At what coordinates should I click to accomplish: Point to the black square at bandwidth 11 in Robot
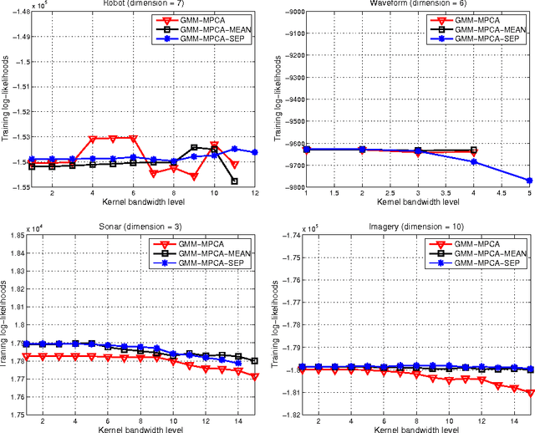(234, 181)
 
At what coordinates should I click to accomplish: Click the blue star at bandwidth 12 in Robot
(254, 152)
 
